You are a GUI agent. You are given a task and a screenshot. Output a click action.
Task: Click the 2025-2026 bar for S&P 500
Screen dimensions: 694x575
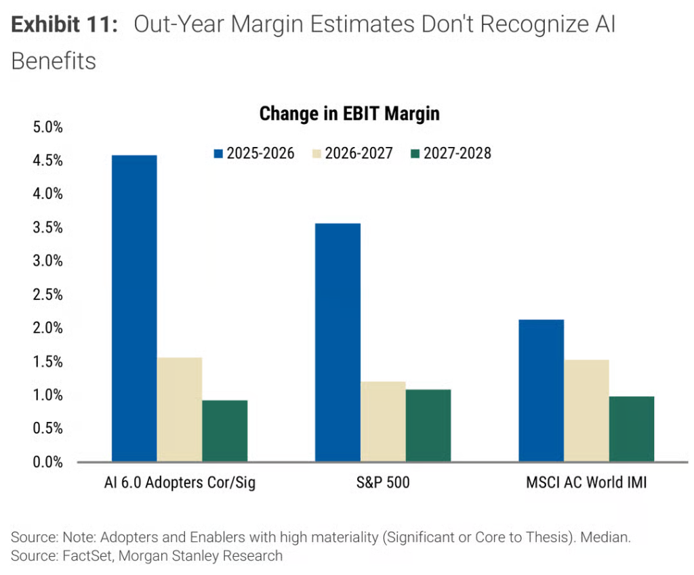[338, 343]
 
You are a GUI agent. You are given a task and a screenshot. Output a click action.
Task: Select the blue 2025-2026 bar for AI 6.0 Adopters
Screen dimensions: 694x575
[134, 309]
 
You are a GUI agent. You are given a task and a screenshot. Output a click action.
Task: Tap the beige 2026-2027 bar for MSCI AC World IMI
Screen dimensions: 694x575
[586, 411]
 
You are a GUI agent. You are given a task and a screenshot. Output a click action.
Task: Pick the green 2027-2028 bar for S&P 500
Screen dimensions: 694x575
[428, 425]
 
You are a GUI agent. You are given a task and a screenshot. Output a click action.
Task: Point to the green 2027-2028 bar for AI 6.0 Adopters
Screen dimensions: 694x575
[225, 431]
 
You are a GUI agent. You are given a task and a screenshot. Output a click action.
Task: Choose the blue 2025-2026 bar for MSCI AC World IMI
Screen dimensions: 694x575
[542, 391]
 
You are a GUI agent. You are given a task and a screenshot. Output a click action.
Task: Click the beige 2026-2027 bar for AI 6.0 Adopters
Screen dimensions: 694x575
[180, 410]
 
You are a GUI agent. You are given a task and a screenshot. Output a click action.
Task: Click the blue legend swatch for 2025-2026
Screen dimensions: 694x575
[218, 154]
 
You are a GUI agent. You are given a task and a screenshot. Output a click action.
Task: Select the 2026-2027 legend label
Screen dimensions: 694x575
[359, 154]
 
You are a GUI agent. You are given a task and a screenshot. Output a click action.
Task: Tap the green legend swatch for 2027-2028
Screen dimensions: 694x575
[415, 154]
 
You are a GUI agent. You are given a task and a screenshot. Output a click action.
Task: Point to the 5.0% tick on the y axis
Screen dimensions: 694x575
[48, 127]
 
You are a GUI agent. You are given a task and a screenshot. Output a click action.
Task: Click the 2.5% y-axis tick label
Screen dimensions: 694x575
[48, 295]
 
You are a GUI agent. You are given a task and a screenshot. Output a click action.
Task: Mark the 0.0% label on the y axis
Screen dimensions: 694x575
[48, 462]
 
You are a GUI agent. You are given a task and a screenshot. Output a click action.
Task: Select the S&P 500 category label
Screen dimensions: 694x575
[383, 482]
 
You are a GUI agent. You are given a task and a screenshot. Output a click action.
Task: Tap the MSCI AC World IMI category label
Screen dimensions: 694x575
[586, 482]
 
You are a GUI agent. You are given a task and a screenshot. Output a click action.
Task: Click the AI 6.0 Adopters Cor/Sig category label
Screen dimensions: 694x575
[180, 483]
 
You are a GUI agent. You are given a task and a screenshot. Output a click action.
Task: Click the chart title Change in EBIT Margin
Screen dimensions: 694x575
[350, 114]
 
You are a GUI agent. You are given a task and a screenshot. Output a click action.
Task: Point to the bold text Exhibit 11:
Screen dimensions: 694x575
[64, 24]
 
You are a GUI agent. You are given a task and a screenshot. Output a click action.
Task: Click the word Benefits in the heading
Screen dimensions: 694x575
[54, 61]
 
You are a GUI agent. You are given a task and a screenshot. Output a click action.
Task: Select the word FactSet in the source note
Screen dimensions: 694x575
[87, 555]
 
